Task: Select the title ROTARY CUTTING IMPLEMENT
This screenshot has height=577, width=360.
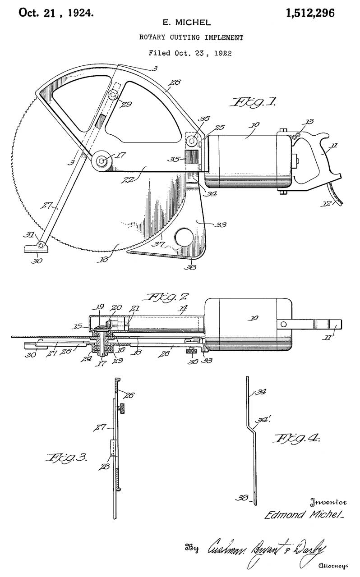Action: (x=191, y=38)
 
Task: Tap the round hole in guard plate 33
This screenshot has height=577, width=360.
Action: (x=185, y=236)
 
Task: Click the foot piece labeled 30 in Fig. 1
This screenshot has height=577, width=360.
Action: (x=35, y=247)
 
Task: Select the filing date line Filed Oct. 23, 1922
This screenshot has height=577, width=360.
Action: (x=191, y=53)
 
